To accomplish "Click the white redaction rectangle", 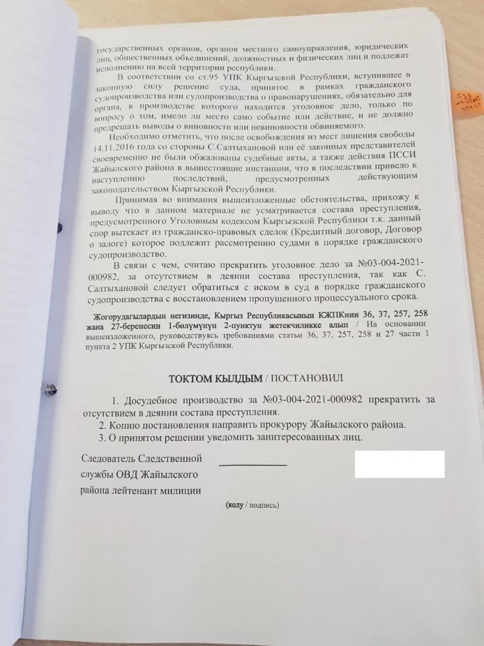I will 399,464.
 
